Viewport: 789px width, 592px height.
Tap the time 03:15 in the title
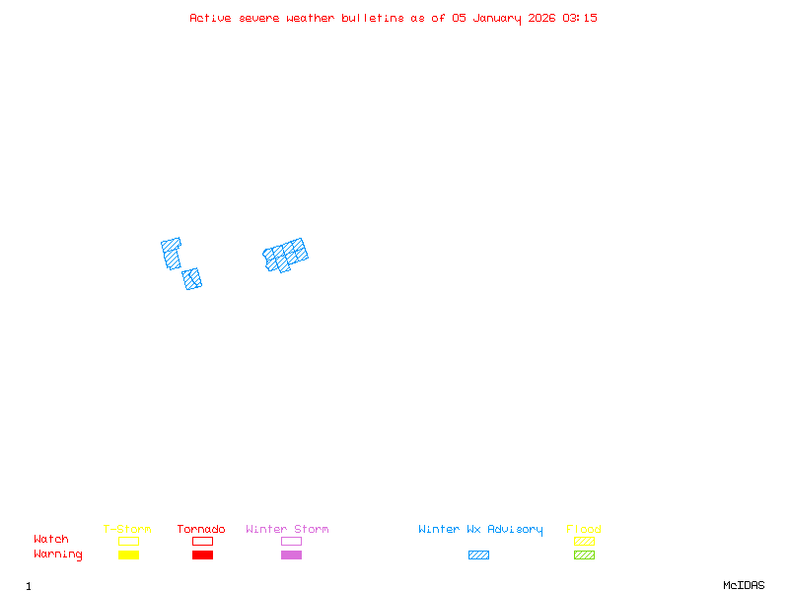click(x=580, y=18)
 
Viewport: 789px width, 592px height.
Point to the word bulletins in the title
click(x=373, y=18)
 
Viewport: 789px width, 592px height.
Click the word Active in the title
click(x=211, y=18)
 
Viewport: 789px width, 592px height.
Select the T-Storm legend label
click(x=127, y=529)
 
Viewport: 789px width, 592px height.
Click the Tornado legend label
click(x=201, y=529)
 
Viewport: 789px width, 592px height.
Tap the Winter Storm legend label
click(x=287, y=529)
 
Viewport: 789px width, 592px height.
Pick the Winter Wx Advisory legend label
click(x=480, y=529)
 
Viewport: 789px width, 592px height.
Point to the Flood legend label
click(x=584, y=529)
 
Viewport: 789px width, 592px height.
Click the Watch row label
click(x=51, y=540)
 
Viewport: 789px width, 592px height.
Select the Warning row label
click(x=58, y=555)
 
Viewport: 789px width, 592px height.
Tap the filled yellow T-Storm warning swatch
click(x=128, y=555)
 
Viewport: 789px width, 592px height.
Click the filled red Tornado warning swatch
click(x=202, y=555)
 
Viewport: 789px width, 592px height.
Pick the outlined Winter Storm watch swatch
click(x=291, y=541)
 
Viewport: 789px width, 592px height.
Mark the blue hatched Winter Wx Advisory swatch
click(x=478, y=555)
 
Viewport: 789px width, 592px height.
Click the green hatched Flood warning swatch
click(x=584, y=555)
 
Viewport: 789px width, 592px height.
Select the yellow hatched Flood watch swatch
click(x=584, y=541)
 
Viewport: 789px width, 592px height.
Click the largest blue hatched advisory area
click(x=286, y=255)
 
